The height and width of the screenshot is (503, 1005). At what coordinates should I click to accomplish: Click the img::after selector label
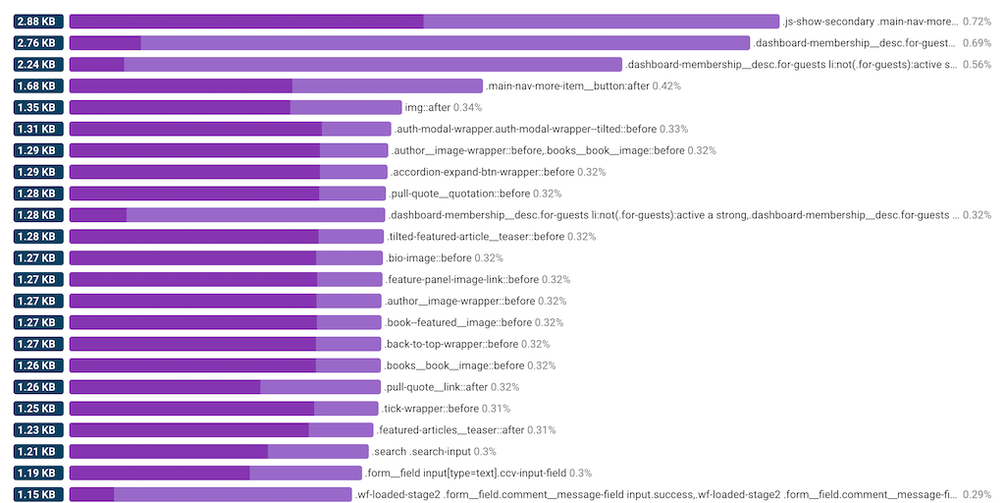(427, 108)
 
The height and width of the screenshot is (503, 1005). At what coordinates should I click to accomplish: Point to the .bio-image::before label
(428, 258)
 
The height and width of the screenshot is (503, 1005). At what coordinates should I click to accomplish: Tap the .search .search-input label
(421, 452)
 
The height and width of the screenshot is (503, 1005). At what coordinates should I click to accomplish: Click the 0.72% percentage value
(978, 22)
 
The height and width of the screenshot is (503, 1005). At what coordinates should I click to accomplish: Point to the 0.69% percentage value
(978, 43)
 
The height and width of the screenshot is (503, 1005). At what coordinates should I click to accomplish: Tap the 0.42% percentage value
(667, 86)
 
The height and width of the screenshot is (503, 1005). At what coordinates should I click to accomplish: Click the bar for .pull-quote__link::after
(225, 387)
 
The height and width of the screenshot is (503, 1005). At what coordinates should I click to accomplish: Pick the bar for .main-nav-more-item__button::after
(276, 86)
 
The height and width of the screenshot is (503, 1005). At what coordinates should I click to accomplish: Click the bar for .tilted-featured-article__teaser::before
(227, 237)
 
